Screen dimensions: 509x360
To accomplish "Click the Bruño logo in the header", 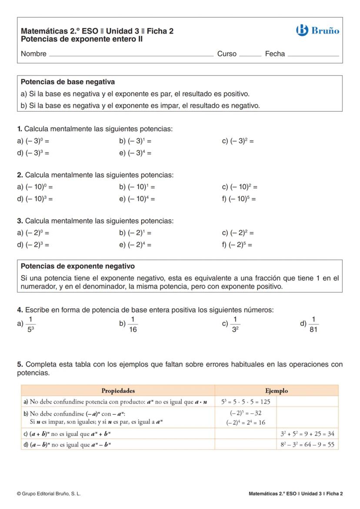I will pos(317,30).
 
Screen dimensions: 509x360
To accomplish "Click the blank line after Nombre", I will pos(131,55).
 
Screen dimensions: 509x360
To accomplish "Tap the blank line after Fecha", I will pos(313,55).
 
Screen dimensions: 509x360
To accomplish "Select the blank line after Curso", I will pos(250,55).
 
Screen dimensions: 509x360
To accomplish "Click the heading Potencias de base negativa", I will pos(68,82).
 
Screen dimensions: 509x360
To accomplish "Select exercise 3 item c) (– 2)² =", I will pos(238,233).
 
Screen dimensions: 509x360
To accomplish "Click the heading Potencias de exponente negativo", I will pos(78,266).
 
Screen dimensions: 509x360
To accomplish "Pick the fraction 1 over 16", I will pos(133,325).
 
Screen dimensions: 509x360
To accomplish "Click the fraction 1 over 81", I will pos(313,325).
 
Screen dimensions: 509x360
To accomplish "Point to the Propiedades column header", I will pos(118,390).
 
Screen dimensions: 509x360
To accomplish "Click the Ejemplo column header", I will pos(276,390).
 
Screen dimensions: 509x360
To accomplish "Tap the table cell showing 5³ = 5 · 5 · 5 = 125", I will pos(246,402).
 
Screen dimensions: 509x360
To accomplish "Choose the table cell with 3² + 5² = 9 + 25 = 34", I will pos(307,433).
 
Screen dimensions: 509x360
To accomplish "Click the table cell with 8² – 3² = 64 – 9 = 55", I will pos(307,444).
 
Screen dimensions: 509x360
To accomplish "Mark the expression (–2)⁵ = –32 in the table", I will pos(246,413).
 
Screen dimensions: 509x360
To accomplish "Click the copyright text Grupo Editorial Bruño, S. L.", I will pos(49,494).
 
